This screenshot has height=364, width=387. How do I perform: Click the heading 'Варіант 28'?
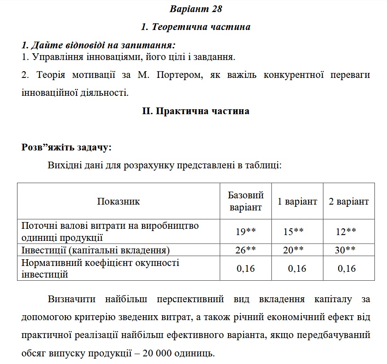point(196,9)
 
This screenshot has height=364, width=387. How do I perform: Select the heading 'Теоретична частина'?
point(196,27)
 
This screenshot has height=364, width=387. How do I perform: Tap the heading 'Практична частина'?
point(196,111)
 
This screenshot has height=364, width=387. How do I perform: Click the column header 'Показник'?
point(118,201)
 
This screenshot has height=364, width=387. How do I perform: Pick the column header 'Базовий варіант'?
point(245,201)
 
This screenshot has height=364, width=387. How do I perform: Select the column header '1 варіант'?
point(297,201)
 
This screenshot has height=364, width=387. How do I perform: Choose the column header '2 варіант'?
point(349,201)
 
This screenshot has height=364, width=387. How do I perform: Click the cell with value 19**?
point(245,231)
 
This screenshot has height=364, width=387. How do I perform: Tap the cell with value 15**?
point(293,231)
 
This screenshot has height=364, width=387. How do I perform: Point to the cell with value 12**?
point(346,231)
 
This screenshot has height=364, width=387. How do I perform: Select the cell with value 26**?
point(245,250)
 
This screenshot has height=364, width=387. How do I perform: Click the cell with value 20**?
point(293,250)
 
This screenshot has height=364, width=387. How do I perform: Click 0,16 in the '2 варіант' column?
point(347,268)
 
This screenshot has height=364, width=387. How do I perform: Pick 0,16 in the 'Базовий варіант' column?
point(245,268)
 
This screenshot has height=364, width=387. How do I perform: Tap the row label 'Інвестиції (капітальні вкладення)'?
point(95,250)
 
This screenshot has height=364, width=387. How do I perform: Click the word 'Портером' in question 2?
point(178,75)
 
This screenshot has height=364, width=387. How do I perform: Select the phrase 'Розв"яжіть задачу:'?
point(67,147)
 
